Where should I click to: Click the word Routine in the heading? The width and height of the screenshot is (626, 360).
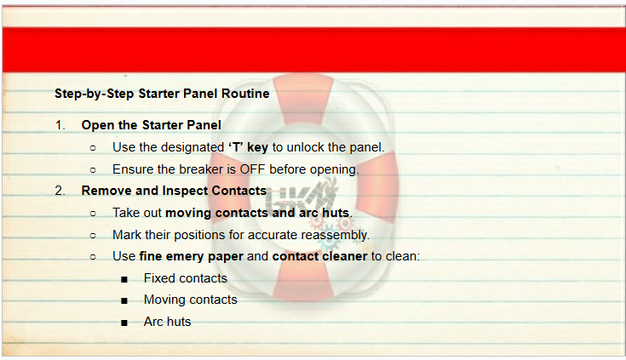245,94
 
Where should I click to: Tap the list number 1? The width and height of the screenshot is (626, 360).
60,125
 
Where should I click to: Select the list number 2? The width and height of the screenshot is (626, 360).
60,191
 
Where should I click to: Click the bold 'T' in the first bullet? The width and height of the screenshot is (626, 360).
236,147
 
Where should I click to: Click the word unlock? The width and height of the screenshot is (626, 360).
306,147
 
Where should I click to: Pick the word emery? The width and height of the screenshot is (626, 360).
185,256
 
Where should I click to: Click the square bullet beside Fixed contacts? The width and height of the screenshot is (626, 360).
124,279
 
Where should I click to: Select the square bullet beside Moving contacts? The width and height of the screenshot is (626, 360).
124,301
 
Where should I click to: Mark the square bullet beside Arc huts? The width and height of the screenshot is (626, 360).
124,323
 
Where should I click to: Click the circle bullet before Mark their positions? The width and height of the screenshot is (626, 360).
93,236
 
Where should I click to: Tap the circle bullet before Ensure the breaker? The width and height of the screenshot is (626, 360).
93,170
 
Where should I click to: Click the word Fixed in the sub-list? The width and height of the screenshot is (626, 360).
159,278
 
